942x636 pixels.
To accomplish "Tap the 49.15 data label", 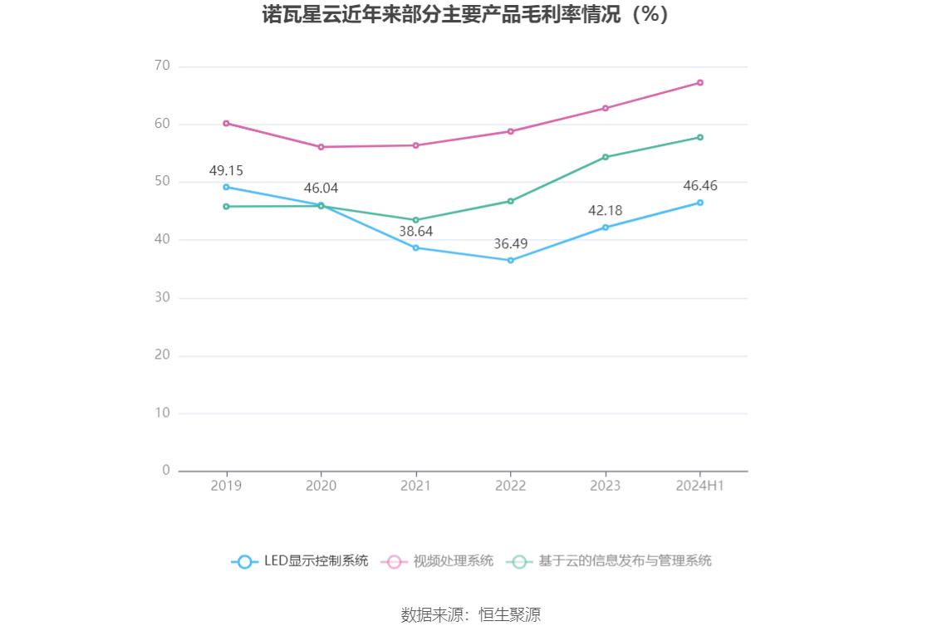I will pos(226,171).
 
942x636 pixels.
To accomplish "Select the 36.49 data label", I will pos(510,244).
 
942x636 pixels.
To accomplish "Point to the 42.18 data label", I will pos(605,211).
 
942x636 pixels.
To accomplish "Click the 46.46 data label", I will pos(699,186).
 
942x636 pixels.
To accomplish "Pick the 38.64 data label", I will pos(415,232).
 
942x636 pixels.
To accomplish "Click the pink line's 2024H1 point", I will pos(700,83).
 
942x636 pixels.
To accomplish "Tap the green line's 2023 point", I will pos(606,157).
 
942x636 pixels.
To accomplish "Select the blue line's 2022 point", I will pos(511,261).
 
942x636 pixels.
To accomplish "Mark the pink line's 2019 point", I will pos(226,123).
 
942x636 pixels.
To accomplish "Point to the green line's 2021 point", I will pos(415,220).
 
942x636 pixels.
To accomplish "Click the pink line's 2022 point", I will pos(511,131).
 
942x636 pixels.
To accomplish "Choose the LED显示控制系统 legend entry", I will pos(300,561).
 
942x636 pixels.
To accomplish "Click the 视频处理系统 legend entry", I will pos(438,561).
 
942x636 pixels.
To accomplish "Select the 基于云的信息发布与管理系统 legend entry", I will pos(610,561).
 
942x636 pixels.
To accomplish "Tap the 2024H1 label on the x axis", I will pos(700,486).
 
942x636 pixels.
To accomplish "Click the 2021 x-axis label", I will pos(415,486).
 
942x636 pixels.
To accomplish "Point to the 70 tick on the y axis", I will pos(161,66).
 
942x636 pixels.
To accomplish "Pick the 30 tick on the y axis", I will pos(161,297).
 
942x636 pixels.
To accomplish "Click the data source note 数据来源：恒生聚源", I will pos(471,615).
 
